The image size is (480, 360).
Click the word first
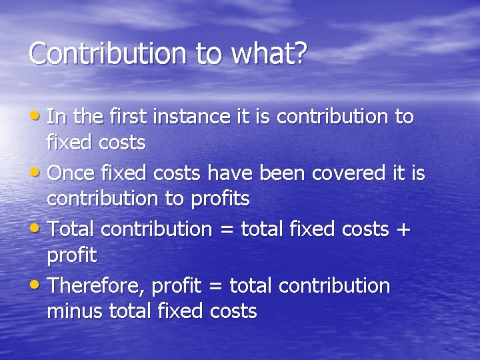129,117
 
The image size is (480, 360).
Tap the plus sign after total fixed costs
403,230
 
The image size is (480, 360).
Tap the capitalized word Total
73,229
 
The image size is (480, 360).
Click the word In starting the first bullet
57,117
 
